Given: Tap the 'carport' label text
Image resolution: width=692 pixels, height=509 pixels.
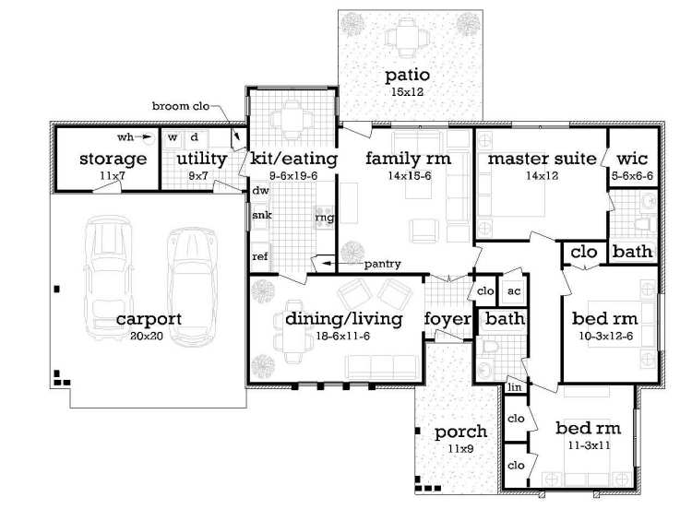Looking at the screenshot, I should point(149,320).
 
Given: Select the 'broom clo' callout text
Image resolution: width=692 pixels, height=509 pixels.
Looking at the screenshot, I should point(183,106).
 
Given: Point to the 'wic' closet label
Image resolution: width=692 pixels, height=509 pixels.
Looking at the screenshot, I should point(632,159).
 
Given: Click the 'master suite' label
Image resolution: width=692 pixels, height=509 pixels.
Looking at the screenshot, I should point(542,159).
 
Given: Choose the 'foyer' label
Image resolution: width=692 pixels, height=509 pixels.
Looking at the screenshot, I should point(447,319).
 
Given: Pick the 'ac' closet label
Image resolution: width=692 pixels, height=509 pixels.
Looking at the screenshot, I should point(513,290).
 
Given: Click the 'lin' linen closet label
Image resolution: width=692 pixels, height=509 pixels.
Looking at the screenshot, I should point(514,388).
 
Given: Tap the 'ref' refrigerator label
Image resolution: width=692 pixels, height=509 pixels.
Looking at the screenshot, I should point(260,256).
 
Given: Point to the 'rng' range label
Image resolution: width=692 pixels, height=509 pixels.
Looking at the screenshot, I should point(324,218).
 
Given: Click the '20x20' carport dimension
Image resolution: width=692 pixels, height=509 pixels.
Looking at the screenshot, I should point(149,337).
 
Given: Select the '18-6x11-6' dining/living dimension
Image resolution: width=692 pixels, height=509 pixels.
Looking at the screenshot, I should point(343,337).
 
